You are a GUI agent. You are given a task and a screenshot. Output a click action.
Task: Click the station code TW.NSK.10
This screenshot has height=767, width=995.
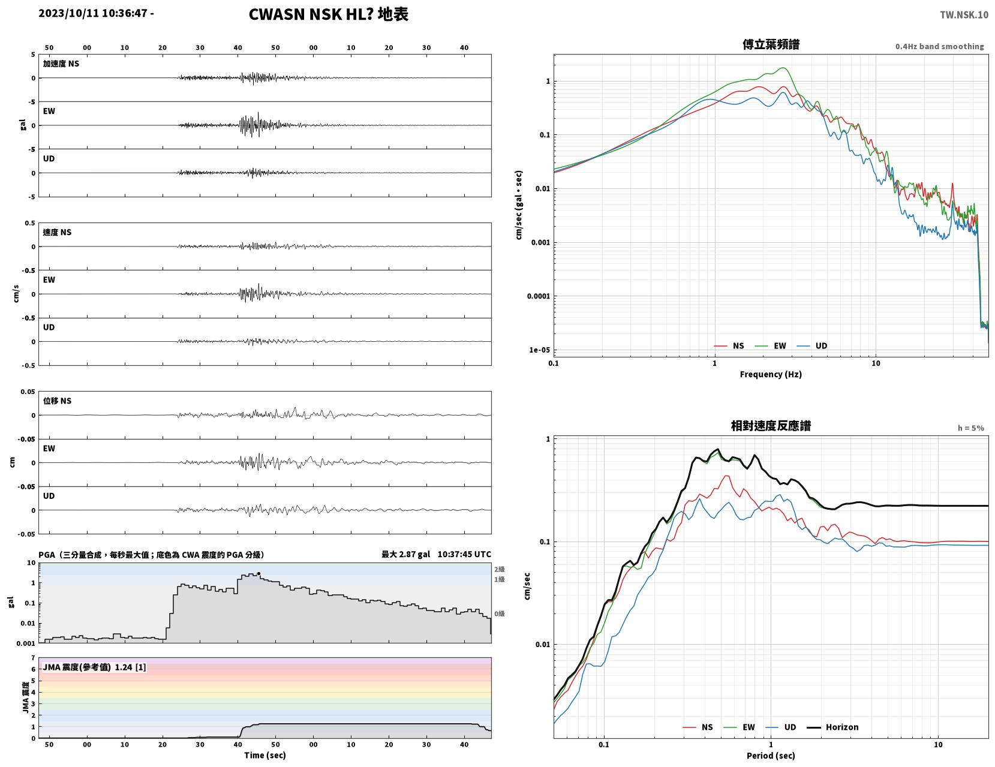pos(964,14)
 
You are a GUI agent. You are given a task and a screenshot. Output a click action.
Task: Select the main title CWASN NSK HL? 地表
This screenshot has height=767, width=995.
pos(328,14)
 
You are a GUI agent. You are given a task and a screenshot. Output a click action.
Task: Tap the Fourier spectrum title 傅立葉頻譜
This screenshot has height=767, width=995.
pos(771,44)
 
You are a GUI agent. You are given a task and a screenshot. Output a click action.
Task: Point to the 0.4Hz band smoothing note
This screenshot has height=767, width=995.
pos(939,46)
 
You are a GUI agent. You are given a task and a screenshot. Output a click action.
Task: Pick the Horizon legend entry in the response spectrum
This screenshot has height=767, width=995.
pos(832,727)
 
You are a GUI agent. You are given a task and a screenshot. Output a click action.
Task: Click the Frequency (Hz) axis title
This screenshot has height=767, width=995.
pos(771,374)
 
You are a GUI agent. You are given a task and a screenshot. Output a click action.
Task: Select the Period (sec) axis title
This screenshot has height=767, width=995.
pos(771,755)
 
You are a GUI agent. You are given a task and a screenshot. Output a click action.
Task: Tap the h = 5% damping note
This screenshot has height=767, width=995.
pos(971,428)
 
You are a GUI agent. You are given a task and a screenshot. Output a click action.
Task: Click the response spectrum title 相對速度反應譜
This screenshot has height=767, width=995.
pos(771,426)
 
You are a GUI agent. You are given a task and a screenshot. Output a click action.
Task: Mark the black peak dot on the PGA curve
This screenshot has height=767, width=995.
pos(258,573)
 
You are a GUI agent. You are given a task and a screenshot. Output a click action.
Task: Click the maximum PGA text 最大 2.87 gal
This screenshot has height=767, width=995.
pos(405,554)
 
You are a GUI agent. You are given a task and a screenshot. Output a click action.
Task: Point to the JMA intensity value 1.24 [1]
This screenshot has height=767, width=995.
pos(131,667)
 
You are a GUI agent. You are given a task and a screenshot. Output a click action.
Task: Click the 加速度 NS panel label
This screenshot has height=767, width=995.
pos(61,64)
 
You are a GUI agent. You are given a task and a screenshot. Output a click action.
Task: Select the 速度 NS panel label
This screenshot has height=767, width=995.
pos(57,232)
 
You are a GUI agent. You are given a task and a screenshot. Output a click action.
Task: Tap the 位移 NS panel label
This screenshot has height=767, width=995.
pos(57,401)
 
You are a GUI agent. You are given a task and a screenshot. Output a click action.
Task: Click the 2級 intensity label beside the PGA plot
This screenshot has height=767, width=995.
pos(499,569)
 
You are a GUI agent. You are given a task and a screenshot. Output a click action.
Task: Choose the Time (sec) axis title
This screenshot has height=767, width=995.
pos(264,755)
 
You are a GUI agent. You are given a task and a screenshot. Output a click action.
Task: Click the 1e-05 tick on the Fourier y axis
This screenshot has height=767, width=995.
pos(539,350)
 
